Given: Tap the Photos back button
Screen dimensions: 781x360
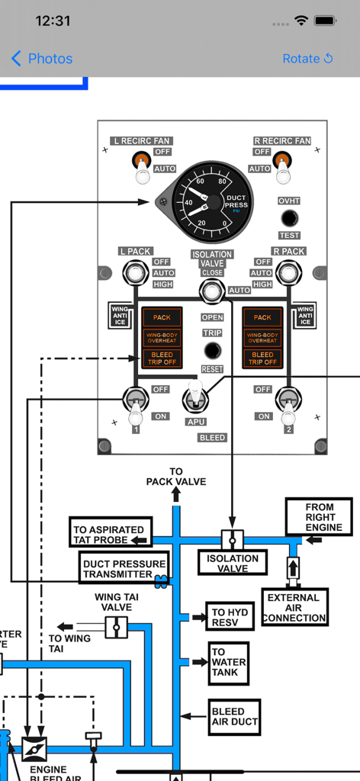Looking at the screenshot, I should (x=42, y=59).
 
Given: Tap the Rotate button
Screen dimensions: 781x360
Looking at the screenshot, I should (x=307, y=59).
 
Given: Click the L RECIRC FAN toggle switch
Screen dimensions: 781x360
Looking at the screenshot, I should (x=141, y=167).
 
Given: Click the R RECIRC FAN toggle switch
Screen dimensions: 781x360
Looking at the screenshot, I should (x=283, y=167).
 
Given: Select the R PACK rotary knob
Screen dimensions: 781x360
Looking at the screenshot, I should (x=288, y=272).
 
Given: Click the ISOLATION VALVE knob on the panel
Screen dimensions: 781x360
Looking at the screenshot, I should (x=211, y=291).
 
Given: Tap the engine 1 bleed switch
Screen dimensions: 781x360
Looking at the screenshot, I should (x=136, y=402).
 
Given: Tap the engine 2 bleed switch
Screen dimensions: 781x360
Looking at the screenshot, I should (x=288, y=402).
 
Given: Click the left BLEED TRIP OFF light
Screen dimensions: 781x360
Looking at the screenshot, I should (x=162, y=358).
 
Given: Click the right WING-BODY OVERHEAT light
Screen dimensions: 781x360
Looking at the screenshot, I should (x=262, y=337).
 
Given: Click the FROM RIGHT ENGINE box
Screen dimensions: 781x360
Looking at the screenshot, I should (x=319, y=517).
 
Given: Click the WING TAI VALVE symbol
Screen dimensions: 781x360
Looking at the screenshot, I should (x=116, y=627).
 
